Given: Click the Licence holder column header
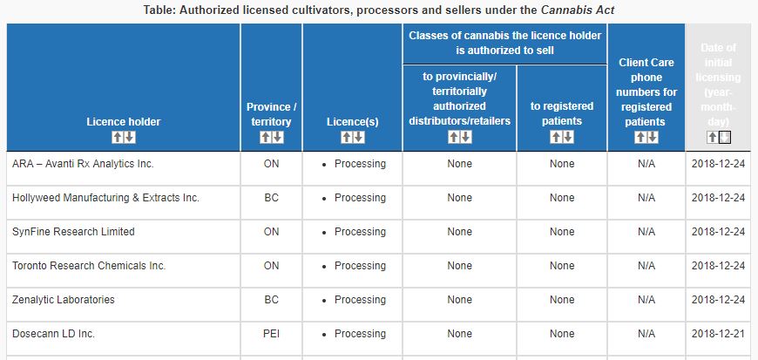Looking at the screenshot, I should [111, 121].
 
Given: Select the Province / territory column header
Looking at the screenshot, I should [271, 114].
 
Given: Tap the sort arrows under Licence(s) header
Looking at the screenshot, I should [352, 138].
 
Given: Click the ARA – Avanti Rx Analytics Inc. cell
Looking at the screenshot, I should [83, 164].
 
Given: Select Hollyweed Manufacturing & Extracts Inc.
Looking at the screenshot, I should [105, 198].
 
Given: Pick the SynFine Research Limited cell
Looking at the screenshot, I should [73, 232].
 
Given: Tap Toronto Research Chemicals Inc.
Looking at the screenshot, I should [89, 266].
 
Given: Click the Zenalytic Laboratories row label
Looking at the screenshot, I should [63, 300].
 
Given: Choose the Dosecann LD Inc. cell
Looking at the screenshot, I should [53, 334].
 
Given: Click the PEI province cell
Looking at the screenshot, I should [271, 334].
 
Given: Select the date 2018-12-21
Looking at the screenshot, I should [717, 334].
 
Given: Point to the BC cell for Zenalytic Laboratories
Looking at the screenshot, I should [271, 300].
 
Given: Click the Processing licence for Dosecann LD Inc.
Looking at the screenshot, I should [360, 334].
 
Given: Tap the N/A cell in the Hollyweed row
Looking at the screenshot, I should [646, 198].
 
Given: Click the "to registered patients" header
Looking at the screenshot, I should [562, 113].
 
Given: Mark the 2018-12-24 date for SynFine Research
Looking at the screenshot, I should [717, 232].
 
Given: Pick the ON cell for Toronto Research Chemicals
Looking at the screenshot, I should [271, 266].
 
